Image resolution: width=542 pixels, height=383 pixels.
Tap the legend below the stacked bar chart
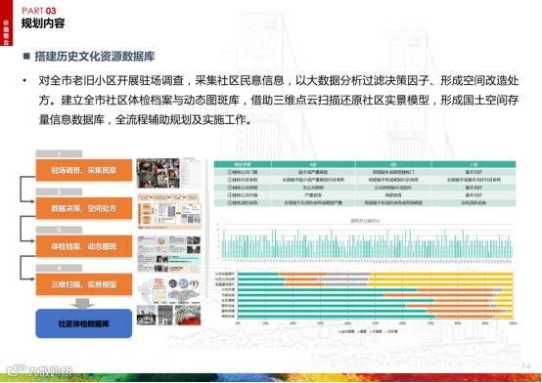[376, 332]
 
